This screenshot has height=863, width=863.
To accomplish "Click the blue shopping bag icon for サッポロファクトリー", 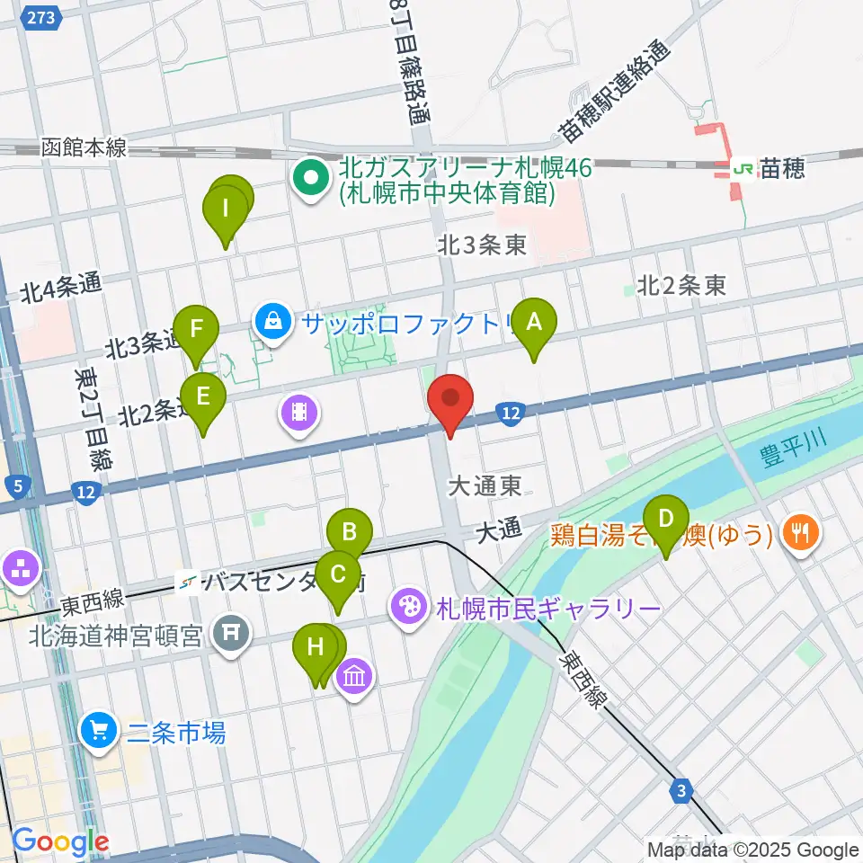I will pyautogui.click(x=271, y=322).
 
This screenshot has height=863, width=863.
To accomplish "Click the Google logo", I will pyautogui.click(x=61, y=841).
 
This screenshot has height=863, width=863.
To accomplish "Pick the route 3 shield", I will pyautogui.click(x=683, y=792).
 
